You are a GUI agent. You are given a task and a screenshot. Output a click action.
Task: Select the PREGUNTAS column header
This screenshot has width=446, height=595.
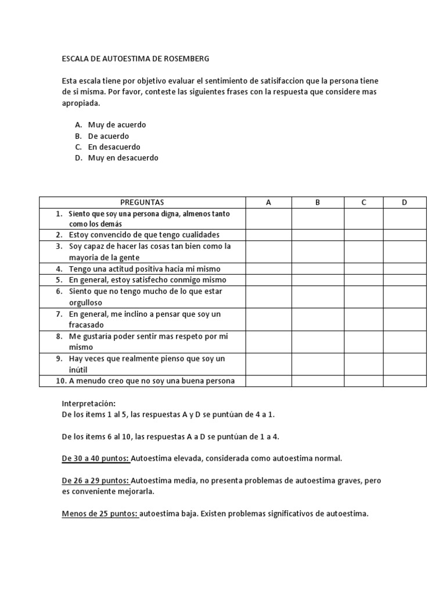pos(142,202)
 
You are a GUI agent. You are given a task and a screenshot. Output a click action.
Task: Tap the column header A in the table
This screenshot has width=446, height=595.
pos(268,202)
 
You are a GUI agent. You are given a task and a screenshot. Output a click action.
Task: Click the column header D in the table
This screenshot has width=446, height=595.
pos(404,202)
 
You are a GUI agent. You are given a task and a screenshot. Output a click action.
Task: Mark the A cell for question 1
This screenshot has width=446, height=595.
pos(268,218)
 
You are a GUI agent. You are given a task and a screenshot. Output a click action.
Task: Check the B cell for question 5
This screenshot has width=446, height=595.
pos(318,280)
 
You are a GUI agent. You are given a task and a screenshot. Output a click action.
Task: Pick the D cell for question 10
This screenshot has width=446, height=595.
pos(404,381)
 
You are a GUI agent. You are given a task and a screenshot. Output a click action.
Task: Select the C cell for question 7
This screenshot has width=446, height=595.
pos(363,320)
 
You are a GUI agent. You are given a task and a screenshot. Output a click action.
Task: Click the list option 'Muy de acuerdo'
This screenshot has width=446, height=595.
pos(117,125)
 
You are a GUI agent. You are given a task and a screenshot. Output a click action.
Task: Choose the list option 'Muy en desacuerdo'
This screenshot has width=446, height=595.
pos(123,158)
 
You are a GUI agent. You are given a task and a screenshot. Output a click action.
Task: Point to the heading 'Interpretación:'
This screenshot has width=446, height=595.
pos(89,403)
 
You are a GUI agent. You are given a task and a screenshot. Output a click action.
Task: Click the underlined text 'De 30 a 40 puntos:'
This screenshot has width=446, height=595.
pos(96,458)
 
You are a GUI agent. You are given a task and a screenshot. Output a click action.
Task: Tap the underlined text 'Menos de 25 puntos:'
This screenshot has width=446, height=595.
pos(100,514)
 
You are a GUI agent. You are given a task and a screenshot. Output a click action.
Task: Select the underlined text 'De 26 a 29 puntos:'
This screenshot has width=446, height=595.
pos(96,481)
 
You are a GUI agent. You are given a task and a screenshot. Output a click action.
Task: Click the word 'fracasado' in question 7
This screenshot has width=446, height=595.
pos(87,325)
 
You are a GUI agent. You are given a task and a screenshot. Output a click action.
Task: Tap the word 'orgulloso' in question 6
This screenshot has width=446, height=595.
pos(85,303)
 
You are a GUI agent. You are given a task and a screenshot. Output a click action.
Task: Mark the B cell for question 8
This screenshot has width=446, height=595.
pos(318,342)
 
